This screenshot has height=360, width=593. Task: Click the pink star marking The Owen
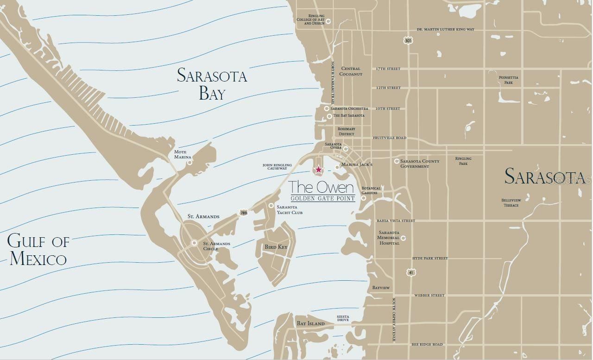click(319, 170)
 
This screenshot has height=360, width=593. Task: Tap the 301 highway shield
click(408, 41)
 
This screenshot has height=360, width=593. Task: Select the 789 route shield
click(243, 213)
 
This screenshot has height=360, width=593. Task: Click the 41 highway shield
click(411, 273)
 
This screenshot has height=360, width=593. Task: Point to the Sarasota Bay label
click(212, 84)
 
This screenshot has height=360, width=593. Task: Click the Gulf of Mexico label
click(38, 250)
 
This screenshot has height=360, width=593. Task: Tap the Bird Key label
click(276, 247)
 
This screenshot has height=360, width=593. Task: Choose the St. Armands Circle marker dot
click(194, 243)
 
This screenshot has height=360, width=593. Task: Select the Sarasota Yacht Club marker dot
click(271, 206)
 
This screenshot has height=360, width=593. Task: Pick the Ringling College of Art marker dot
click(328, 21)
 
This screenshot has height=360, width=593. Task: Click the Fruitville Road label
click(390, 138)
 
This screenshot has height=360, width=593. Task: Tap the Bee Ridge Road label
click(427, 345)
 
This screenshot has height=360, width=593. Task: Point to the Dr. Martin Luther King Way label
click(446, 30)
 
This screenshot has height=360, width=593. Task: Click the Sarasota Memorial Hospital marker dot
click(403, 238)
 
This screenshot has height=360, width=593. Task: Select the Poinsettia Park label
click(509, 80)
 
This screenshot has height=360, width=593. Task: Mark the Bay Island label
click(310, 323)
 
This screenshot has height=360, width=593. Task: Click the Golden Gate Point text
click(323, 198)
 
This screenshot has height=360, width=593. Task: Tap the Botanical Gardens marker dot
click(364, 198)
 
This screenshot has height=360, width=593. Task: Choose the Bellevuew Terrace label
click(511, 202)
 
